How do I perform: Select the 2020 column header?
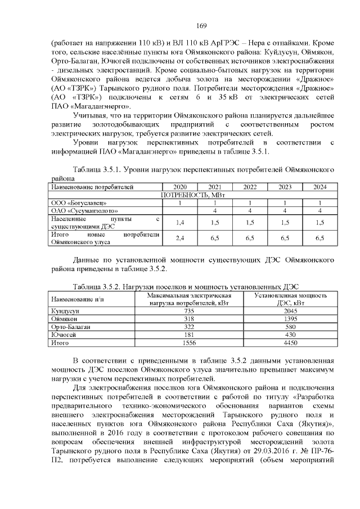pos(179,187)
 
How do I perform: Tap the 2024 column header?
pos(319,187)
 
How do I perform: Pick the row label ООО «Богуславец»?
pos(75,202)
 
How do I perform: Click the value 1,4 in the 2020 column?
pos(180,222)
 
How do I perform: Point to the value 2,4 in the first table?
pos(180,238)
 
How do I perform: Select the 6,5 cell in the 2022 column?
pos(250,238)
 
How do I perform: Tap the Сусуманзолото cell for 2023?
pos(285,210)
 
